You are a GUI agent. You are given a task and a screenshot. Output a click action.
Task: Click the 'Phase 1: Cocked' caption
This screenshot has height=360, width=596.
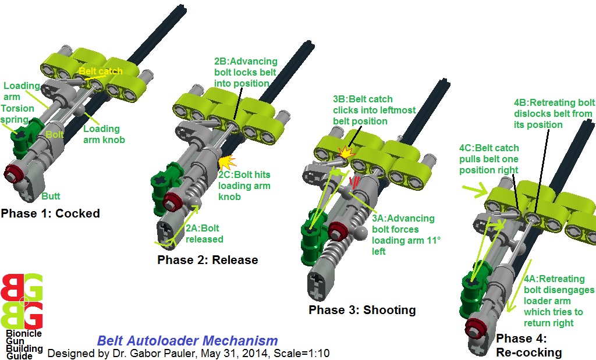pos(50,213)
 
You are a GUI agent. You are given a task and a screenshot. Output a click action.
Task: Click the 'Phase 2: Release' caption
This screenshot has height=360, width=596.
pos(207,259)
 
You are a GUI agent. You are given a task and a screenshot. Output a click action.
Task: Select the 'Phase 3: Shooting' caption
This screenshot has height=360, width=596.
pos(362,310)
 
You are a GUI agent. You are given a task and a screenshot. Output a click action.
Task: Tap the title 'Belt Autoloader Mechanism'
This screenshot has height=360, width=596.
pos(187,341)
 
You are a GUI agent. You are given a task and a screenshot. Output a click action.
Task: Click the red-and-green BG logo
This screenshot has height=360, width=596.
pos(22,301)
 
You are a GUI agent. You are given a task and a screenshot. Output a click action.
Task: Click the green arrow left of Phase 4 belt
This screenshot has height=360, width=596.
pos(472,188)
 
